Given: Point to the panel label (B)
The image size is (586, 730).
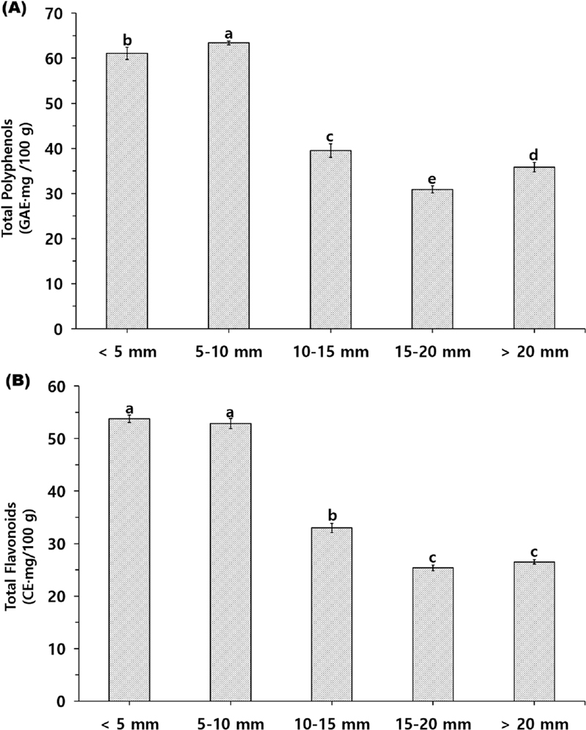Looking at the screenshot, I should [15, 380].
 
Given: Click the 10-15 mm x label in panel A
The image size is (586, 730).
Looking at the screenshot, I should [330, 351].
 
